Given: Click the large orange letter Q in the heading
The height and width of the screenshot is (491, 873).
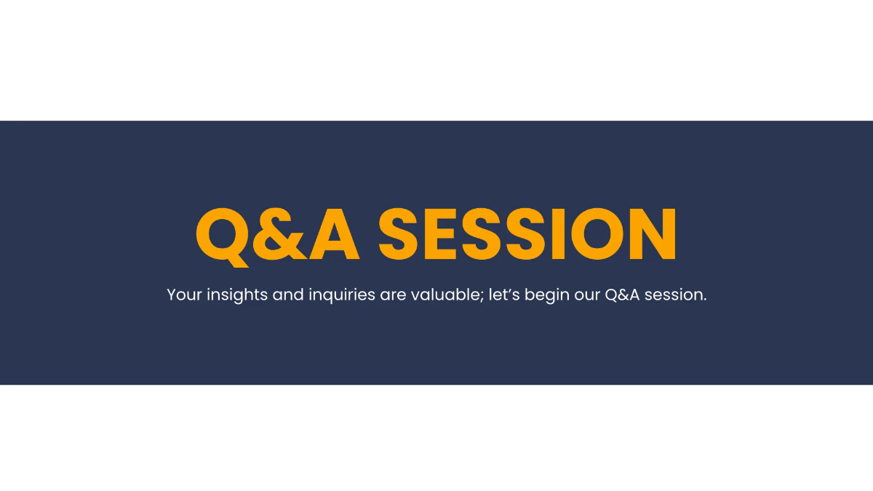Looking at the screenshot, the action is pyautogui.click(x=222, y=236).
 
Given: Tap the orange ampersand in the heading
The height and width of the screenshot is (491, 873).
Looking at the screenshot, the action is pyautogui.click(x=279, y=233).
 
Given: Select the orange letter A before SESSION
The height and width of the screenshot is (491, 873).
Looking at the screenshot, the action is pyautogui.click(x=334, y=233).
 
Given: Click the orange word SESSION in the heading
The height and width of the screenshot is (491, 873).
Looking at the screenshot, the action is pyautogui.click(x=527, y=233).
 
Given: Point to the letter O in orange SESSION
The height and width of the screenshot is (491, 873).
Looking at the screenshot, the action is pyautogui.click(x=597, y=233).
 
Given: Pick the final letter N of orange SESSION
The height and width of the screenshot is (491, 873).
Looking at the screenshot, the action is pyautogui.click(x=653, y=233).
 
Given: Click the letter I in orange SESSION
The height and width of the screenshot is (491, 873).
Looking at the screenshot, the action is pyautogui.click(x=558, y=233).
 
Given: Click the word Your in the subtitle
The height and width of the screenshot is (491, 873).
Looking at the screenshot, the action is pyautogui.click(x=184, y=295).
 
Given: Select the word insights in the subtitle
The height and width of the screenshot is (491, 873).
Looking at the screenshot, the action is pyautogui.click(x=237, y=295).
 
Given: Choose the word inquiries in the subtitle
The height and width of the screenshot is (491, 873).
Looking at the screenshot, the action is pyautogui.click(x=342, y=295).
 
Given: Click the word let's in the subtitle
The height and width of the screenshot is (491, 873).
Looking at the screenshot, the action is pyautogui.click(x=504, y=295).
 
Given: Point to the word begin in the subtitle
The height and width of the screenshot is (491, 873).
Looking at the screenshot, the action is pyautogui.click(x=547, y=295).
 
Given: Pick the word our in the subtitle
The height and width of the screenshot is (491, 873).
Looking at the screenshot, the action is pyautogui.click(x=587, y=297).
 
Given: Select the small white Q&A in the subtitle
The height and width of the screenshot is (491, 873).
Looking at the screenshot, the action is pyautogui.click(x=622, y=295).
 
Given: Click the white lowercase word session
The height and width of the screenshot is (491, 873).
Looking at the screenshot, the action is pyautogui.click(x=673, y=295).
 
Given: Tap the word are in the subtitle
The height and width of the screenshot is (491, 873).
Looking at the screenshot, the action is pyautogui.click(x=394, y=297).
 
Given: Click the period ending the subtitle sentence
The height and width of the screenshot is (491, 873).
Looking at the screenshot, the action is pyautogui.click(x=705, y=300).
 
